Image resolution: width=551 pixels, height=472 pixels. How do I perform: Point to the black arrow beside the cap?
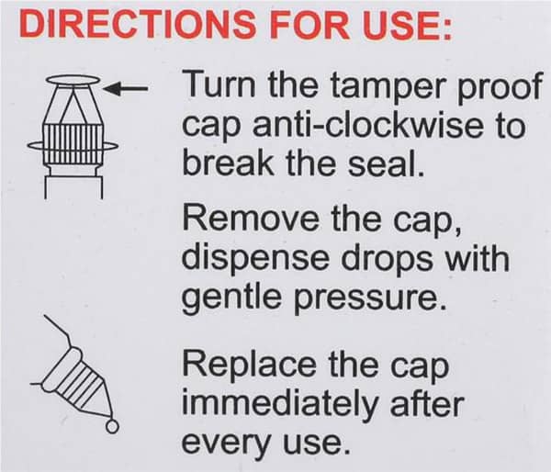[x=126, y=89]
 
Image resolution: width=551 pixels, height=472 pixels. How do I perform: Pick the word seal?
[x=387, y=163]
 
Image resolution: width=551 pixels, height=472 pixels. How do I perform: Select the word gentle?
[x=231, y=298]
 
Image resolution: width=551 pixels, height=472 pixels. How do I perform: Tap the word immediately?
[x=278, y=405]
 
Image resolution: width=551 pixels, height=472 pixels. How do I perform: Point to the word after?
[x=426, y=403]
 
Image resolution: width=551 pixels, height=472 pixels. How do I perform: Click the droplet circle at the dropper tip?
[x=112, y=427]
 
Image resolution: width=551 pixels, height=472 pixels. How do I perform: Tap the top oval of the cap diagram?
[x=73, y=80]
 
